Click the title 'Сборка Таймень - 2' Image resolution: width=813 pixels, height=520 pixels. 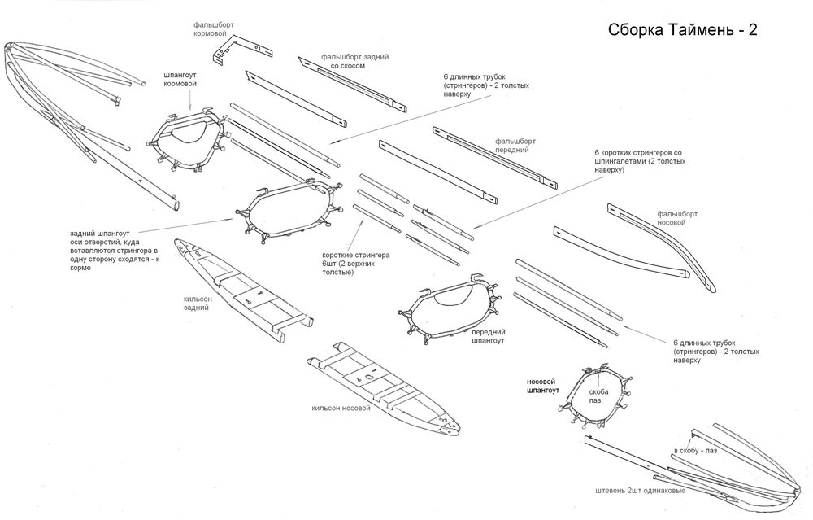(x=682, y=31)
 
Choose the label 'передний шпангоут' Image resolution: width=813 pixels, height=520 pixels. (x=489, y=336)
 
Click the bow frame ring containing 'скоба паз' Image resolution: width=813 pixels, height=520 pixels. (x=597, y=395)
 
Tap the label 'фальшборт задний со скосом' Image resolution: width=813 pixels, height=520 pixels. (x=354, y=61)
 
